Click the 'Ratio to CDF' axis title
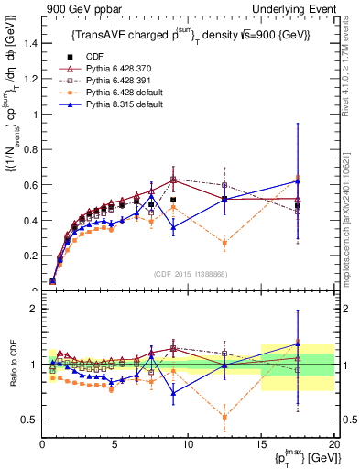[x=10, y=365]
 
